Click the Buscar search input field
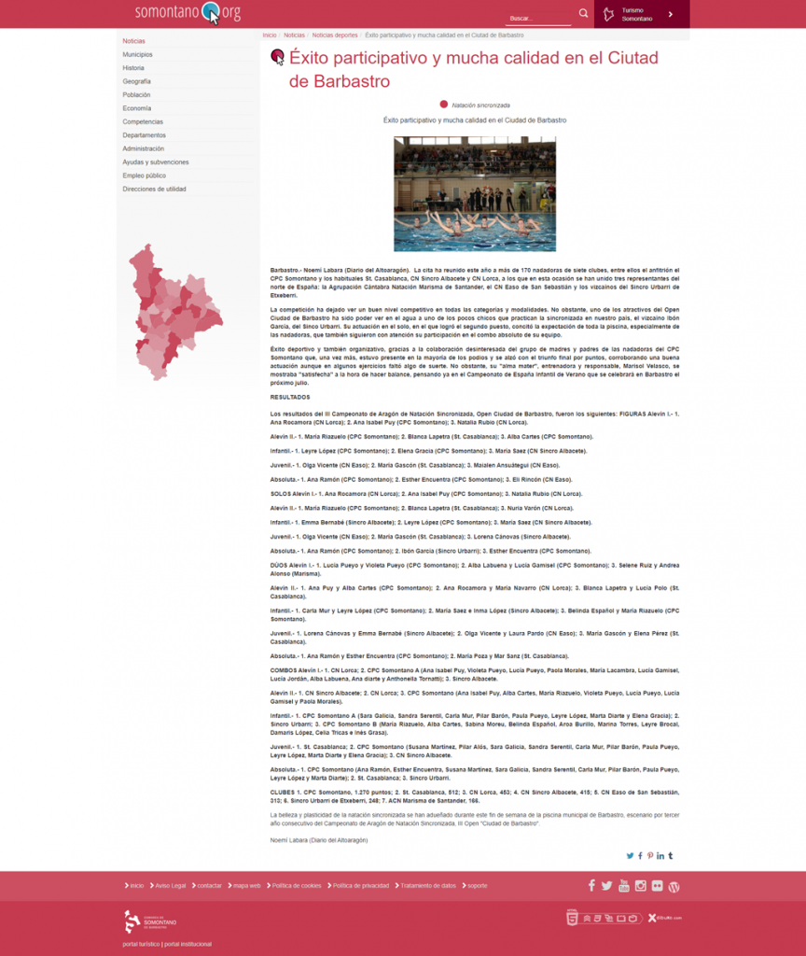538,18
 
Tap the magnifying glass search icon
583,13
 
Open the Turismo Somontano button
642,14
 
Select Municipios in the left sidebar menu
137,54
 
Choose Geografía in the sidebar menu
136,81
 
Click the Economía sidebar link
136,108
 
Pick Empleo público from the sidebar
144,176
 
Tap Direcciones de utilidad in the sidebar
154,189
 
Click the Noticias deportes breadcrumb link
334,35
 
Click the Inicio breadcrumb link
270,35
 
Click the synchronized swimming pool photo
474,194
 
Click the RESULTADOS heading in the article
289,397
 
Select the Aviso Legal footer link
170,885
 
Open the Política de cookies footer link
297,885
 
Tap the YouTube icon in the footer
624,885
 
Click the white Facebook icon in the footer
591,885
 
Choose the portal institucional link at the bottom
188,944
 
